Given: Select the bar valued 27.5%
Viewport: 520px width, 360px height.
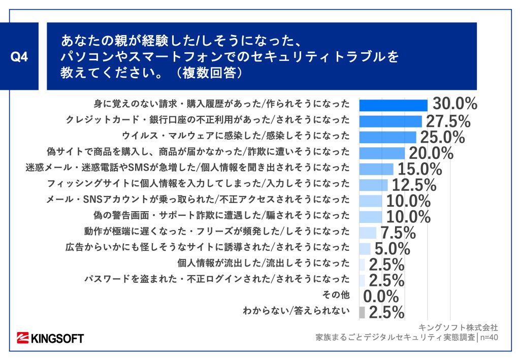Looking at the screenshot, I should coord(391,121).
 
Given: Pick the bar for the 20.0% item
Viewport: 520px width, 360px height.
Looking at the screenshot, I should coord(382,153).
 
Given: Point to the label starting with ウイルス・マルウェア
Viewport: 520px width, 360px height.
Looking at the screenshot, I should coord(236,136).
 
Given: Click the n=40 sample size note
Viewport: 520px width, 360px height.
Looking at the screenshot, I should coord(489,337).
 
